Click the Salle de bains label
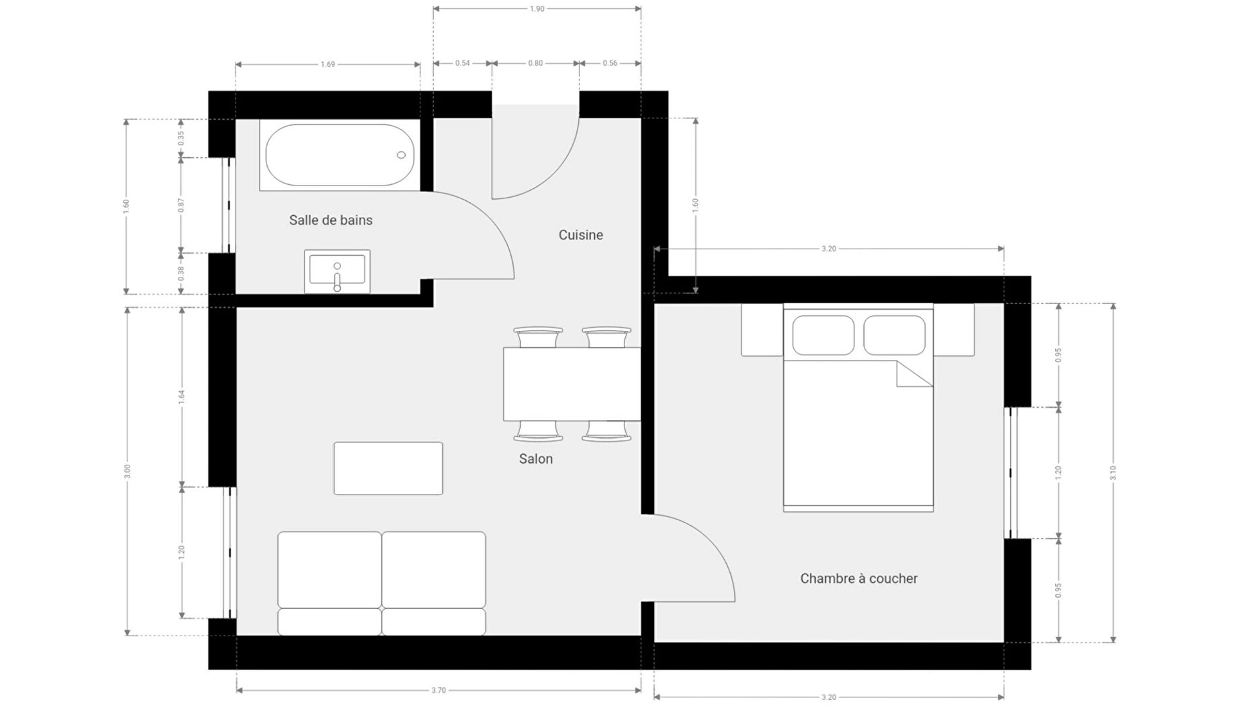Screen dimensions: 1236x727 (x=330, y=220)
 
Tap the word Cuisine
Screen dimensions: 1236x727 (x=581, y=235)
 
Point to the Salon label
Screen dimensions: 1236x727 (x=536, y=458)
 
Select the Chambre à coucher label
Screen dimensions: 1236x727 (x=859, y=578)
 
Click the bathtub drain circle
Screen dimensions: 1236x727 (x=401, y=155)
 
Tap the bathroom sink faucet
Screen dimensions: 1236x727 (x=337, y=279)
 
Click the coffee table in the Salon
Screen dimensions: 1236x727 (x=388, y=468)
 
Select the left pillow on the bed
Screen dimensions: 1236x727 (x=823, y=335)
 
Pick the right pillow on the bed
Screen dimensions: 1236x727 (x=894, y=335)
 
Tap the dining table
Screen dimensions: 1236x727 (x=572, y=384)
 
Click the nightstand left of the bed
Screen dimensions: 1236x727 (x=762, y=330)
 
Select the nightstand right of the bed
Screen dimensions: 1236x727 (x=954, y=330)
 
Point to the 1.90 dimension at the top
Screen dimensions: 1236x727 (x=537, y=9)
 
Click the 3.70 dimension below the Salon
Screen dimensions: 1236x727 (x=438, y=690)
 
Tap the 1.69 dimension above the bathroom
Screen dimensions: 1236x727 (x=328, y=64)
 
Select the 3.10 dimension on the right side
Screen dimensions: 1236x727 (x=1113, y=473)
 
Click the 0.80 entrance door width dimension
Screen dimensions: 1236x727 (x=536, y=63)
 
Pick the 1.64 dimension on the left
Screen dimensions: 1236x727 (x=182, y=397)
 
